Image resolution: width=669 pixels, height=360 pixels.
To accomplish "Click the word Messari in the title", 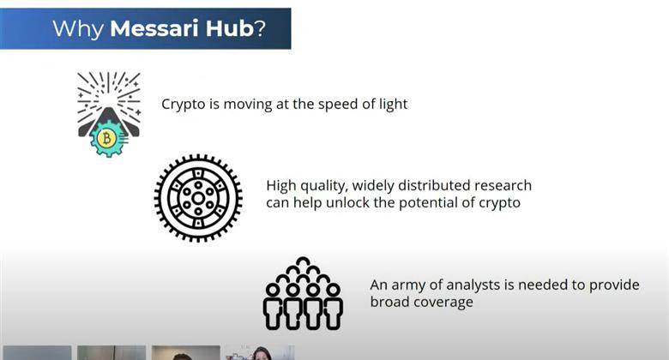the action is coord(154,28).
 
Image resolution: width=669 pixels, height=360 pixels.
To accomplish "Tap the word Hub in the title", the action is coord(230,28).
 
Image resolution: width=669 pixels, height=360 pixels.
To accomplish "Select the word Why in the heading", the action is coord(78,29).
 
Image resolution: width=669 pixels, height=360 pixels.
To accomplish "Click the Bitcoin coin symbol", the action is coord(106,138).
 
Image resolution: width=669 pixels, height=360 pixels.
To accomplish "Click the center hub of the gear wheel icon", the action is coord(198,198).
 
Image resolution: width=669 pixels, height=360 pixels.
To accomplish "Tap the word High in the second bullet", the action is coord(281,186).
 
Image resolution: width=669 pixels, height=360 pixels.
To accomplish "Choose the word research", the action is coord(503,185).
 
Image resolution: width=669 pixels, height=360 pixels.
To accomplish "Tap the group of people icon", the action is coord(303,293).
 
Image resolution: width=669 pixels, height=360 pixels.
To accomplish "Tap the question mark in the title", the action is coord(260,28).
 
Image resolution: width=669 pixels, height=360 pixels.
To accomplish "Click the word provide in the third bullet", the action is coord(614,285).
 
